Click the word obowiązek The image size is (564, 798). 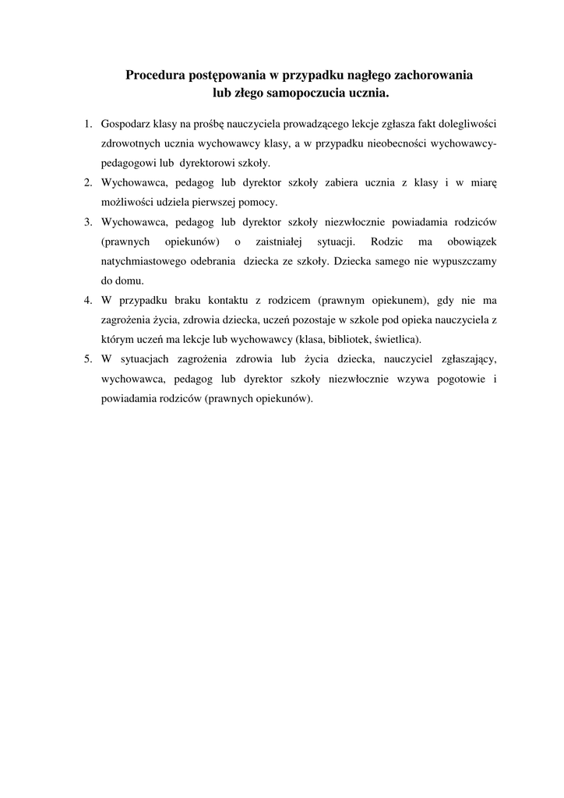tap(471, 242)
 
